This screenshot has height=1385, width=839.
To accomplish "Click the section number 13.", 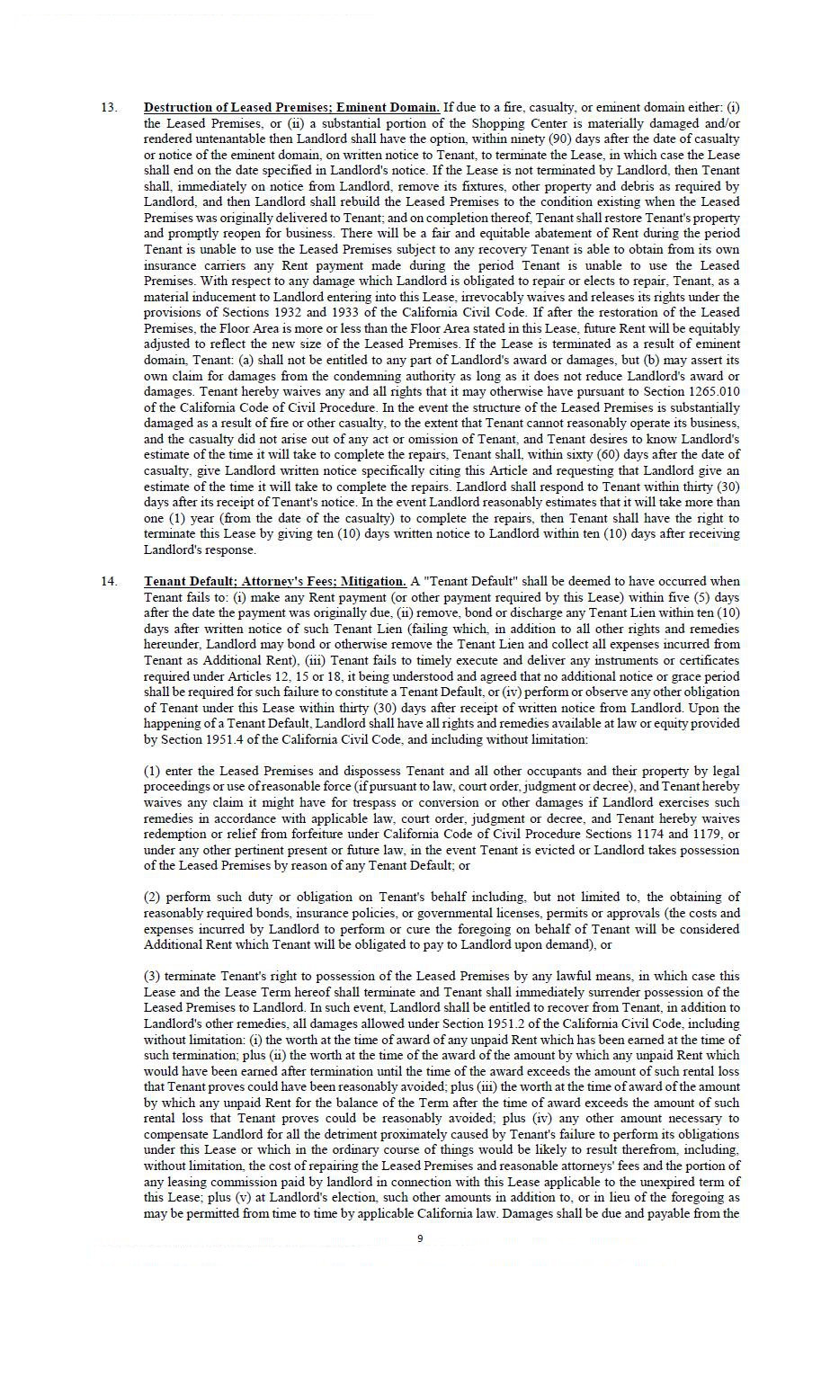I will tap(108, 108).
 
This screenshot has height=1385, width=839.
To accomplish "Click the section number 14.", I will tap(108, 582).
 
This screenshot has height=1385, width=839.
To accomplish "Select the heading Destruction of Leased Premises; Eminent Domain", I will tap(291, 108).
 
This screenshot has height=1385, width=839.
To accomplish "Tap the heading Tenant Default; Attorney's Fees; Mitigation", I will tap(275, 582).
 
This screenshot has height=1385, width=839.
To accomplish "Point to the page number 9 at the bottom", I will tap(420, 1238).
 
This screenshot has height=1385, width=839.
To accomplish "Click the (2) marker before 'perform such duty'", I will tap(152, 898).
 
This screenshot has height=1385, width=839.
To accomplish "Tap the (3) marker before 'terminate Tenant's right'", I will tap(152, 977).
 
